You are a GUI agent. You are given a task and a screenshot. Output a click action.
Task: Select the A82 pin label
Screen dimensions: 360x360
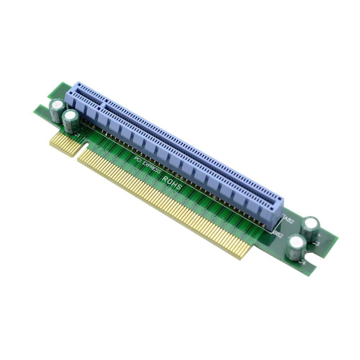[289, 220]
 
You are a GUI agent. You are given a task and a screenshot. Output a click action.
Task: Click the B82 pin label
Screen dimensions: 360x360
[278, 234]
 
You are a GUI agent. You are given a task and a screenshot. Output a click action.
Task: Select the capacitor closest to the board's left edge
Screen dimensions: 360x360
[58, 110]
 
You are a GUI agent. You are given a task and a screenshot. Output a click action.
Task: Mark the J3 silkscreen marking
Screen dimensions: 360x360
[317, 243]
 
